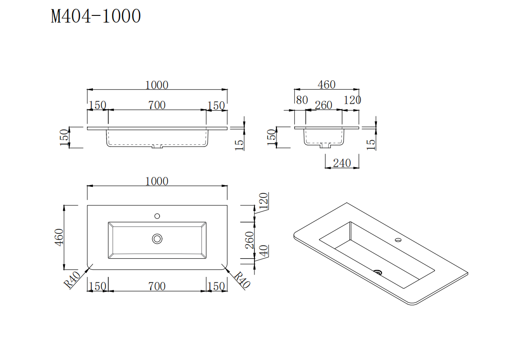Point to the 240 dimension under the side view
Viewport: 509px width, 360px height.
pos(342,163)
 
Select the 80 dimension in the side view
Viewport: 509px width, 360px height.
pos(302,100)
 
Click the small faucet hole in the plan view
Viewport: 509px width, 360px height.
pos(157,216)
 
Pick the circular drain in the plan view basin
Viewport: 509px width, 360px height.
pos(157,239)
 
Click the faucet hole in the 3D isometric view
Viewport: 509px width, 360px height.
pos(398,240)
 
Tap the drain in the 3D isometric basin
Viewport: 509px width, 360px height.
pos(378,271)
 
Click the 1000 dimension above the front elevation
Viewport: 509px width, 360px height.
pos(157,85)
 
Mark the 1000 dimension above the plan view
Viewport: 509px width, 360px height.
pos(157,181)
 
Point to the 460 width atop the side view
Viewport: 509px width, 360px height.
pos(326,85)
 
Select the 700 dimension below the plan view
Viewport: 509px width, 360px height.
pos(157,286)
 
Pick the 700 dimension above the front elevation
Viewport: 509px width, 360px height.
pos(157,106)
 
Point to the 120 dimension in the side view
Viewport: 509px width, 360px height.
pos(352,100)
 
